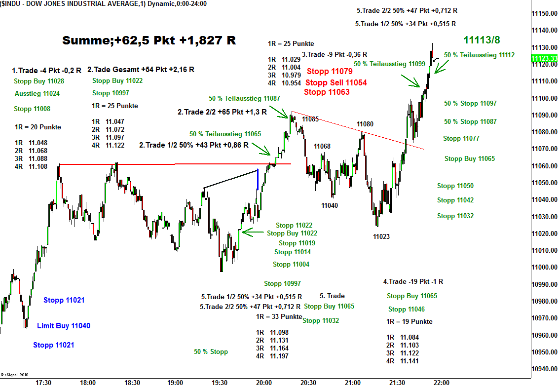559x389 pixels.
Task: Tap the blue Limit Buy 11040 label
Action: point(64,326)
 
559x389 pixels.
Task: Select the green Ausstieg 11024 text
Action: point(37,93)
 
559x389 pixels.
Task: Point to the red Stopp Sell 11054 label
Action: point(336,82)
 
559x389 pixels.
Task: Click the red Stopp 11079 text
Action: point(330,71)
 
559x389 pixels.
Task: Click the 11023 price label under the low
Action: point(381,236)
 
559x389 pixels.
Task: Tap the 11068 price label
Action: point(322,146)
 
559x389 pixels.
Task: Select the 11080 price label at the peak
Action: point(365,124)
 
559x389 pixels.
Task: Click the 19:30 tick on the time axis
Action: point(219,383)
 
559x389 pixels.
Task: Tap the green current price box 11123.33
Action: point(545,58)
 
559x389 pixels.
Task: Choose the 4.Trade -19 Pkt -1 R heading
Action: point(413,281)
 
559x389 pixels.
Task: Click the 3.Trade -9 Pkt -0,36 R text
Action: point(335,54)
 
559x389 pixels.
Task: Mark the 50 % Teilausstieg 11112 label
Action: point(479,55)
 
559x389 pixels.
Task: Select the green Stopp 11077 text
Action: point(461,139)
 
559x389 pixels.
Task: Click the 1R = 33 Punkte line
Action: point(279,316)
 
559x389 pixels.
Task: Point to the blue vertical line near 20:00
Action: point(258,180)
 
